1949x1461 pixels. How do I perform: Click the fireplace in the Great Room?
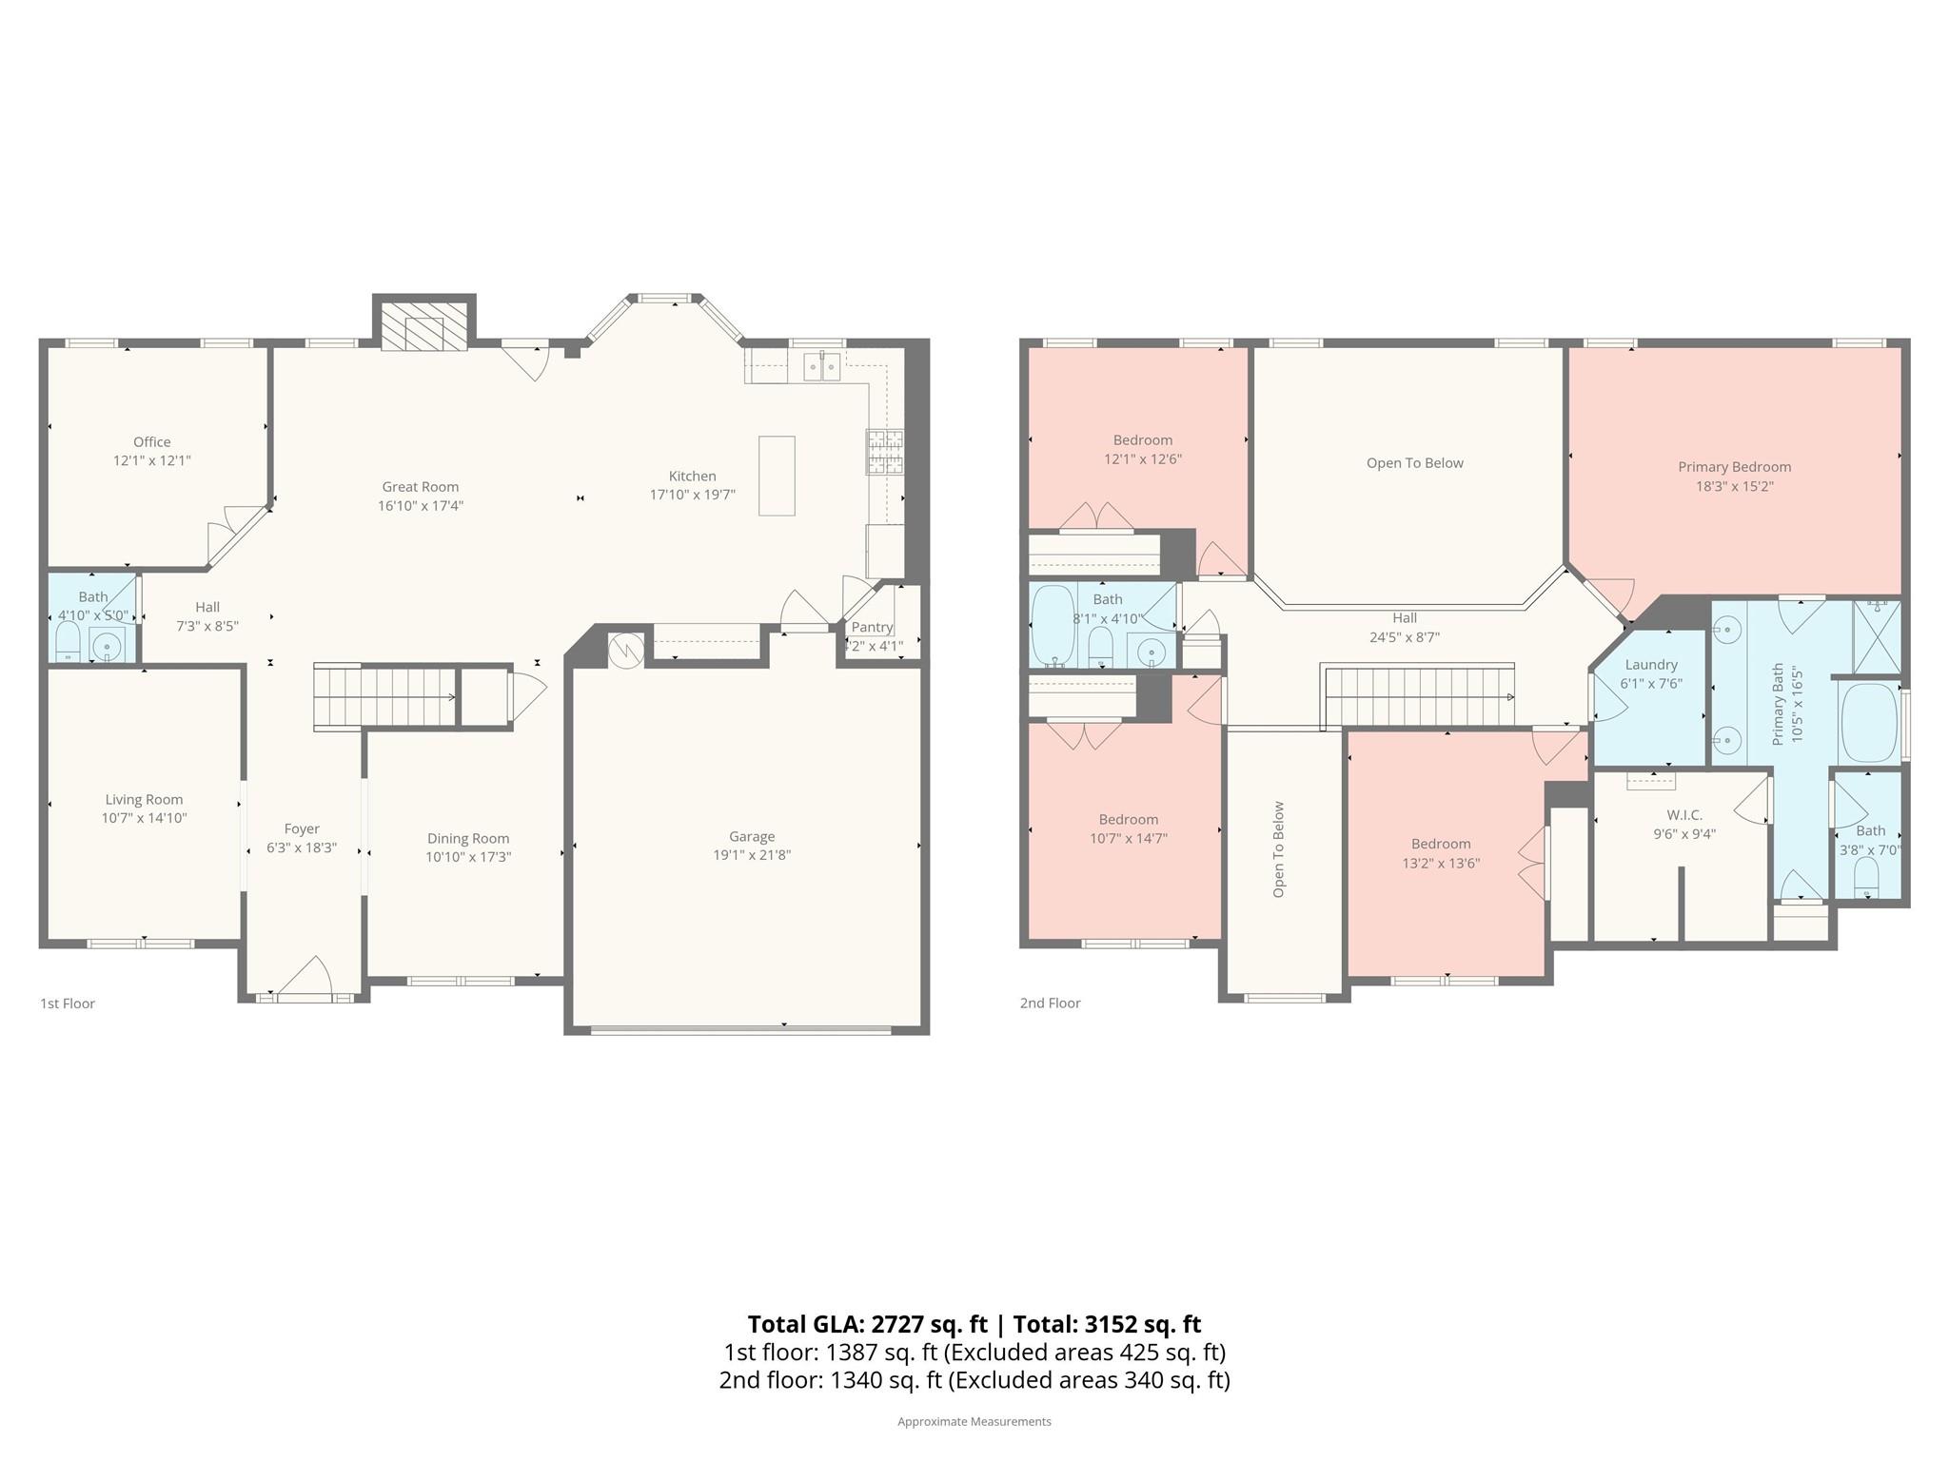pos(423,325)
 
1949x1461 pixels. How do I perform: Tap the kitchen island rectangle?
pos(776,476)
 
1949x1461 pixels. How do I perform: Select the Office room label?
pos(152,441)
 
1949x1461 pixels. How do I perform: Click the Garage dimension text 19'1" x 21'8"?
pos(752,854)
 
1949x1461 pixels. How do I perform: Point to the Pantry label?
pos(872,627)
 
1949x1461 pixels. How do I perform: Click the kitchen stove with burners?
pos(884,452)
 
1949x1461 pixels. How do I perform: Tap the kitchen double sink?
pos(821,366)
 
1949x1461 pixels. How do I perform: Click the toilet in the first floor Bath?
pos(68,642)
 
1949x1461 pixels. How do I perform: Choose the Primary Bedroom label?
pos(1734,467)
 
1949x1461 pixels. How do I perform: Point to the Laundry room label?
pos(1651,665)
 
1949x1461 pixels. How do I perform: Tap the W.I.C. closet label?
pos(1684,815)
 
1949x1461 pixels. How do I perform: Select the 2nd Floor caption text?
pos(1050,1003)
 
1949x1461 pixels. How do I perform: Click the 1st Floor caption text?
pos(68,1003)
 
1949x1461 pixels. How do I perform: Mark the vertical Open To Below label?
pos(1278,848)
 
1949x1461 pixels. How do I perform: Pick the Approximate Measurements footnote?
pos(974,1421)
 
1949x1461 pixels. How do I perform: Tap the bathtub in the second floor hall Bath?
pos(1053,625)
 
